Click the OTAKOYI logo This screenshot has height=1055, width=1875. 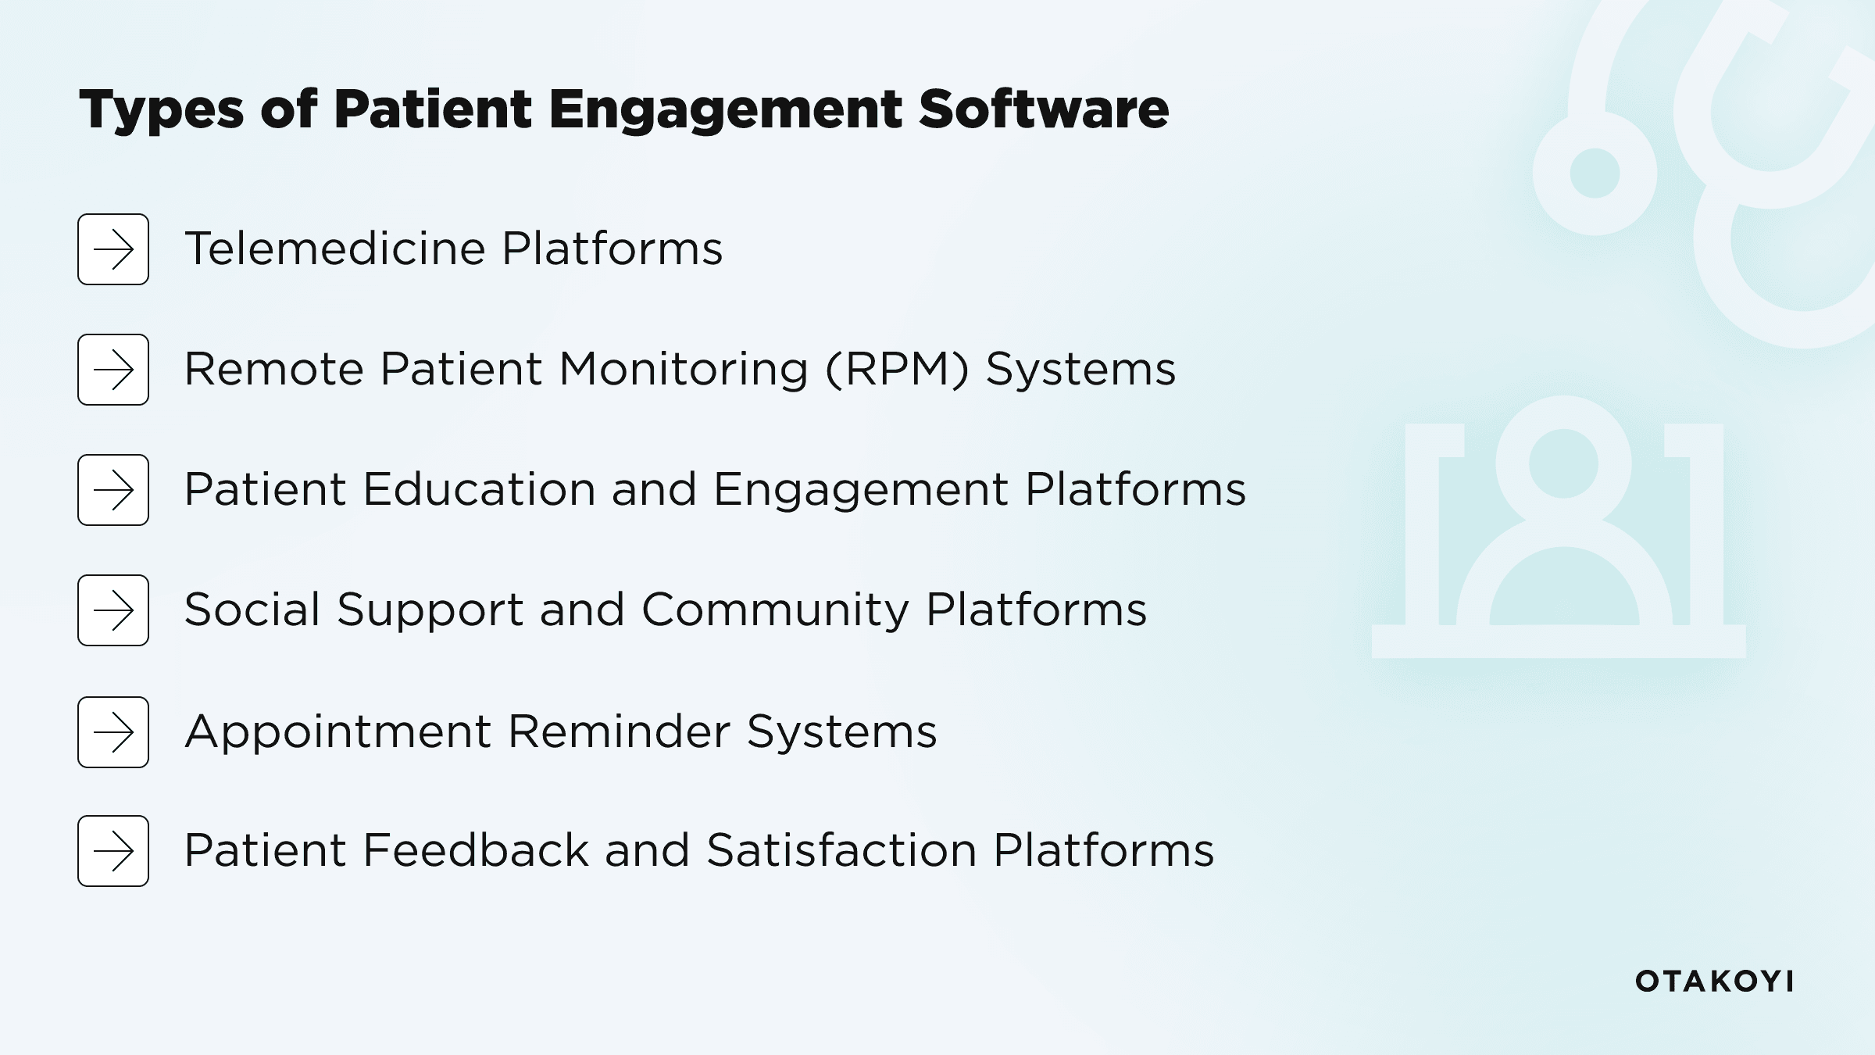coord(1714,982)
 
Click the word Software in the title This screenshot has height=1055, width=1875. coord(1044,109)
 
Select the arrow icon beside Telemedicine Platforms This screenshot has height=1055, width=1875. coord(113,249)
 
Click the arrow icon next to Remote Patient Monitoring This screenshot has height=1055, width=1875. coord(113,370)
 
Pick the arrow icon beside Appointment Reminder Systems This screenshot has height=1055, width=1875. coord(113,732)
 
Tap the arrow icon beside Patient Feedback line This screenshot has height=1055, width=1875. coord(113,851)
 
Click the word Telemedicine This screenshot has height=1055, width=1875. coord(335,249)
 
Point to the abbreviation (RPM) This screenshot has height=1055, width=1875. coord(897,369)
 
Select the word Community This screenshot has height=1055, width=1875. coord(775,610)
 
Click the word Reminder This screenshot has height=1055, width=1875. coord(619,731)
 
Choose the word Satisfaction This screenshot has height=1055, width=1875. coord(841,850)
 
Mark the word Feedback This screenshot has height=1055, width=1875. coord(476,850)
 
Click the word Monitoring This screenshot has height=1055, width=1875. coord(684,370)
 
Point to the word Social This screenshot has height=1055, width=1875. coord(252,610)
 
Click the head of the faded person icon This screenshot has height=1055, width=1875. coord(1562,463)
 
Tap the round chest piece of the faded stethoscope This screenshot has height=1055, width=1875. coord(1594,173)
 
